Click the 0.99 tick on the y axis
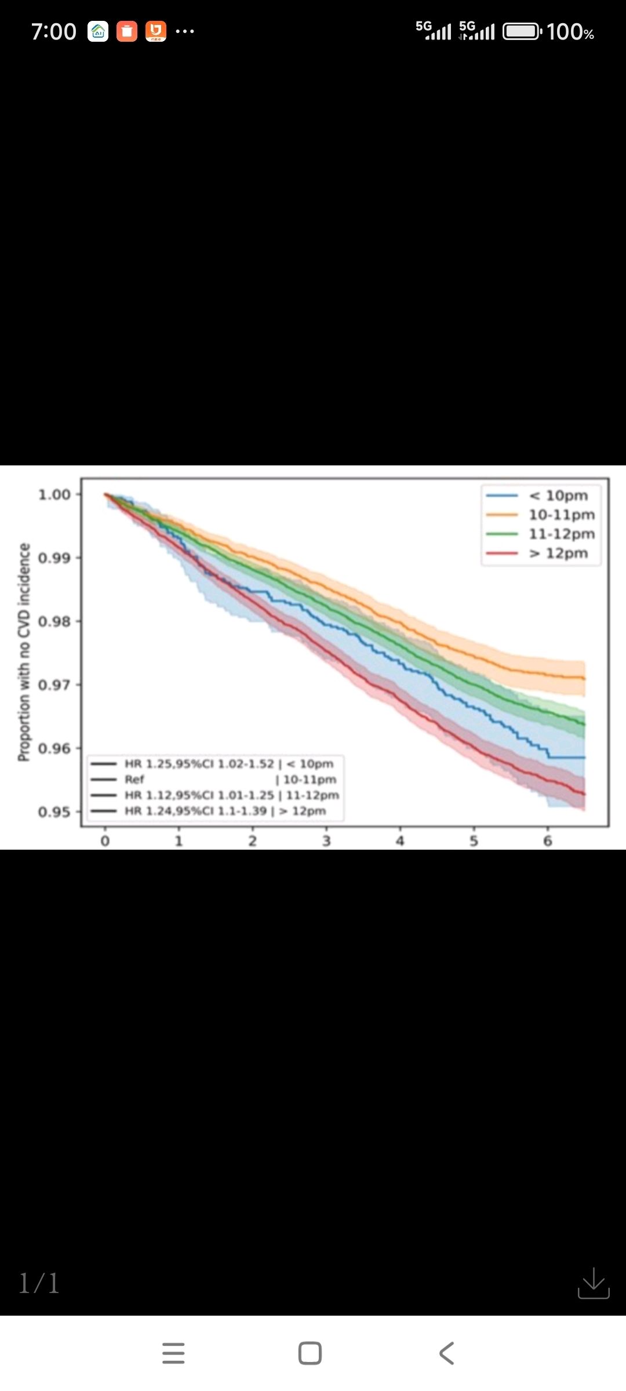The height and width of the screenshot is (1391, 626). (54, 558)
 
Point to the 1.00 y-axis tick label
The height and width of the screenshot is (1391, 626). (54, 495)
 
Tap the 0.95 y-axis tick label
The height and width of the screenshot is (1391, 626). (54, 812)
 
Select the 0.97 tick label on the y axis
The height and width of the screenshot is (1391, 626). (54, 685)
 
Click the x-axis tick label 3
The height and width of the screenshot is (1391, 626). (326, 841)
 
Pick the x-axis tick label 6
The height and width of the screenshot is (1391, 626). (548, 841)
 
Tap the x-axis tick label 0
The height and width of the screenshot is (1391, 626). (105, 841)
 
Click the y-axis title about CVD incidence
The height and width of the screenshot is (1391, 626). (24, 652)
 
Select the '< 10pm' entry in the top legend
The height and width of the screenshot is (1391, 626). (558, 496)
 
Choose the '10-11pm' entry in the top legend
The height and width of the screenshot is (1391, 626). (561, 515)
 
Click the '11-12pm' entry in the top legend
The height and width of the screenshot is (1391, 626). (561, 534)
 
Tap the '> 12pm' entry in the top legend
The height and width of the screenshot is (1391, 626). (558, 554)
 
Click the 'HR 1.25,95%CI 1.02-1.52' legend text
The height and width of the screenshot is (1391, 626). (199, 764)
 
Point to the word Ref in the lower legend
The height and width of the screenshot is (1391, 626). (134, 780)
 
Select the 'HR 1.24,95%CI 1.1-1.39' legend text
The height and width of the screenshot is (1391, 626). (196, 811)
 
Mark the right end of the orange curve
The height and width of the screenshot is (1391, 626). (584, 678)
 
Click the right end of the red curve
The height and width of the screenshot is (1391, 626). (584, 794)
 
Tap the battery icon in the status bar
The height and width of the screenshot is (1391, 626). (522, 31)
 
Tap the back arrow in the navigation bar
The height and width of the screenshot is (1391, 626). (446, 1353)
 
